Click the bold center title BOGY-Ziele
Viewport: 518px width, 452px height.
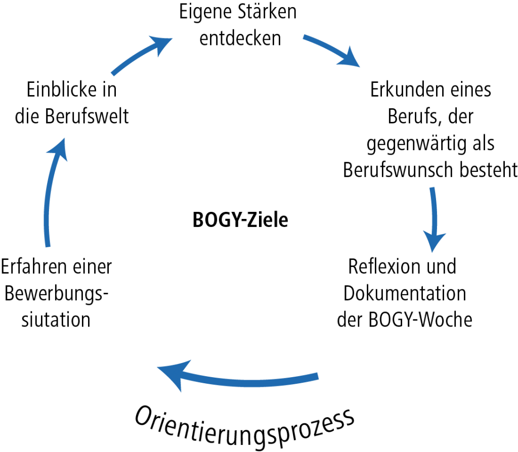[240, 220]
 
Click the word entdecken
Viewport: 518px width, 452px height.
[240, 38]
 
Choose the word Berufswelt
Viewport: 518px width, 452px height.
[87, 116]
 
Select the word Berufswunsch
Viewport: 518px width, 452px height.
[398, 170]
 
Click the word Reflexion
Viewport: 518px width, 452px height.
[384, 267]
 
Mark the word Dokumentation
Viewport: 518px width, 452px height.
[405, 294]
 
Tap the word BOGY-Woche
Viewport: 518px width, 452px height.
[420, 320]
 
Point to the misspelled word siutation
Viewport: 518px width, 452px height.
[56, 320]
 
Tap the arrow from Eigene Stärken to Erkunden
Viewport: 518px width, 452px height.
[332, 50]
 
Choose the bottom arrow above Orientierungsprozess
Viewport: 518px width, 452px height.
[238, 381]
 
